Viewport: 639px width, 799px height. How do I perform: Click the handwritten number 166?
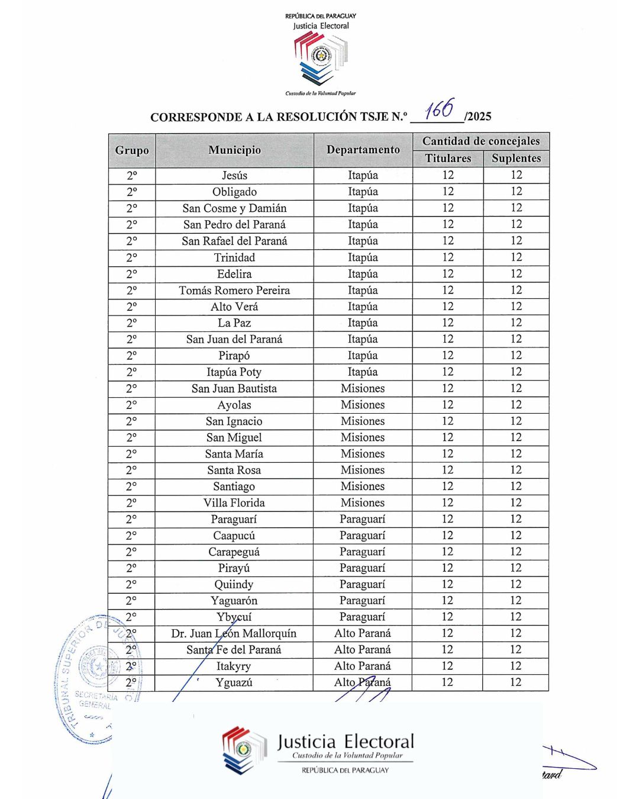pos(440,109)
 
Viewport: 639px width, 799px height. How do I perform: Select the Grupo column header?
pos(132,150)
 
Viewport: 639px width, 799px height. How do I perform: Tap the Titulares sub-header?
pos(448,159)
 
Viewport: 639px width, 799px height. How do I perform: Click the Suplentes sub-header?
pos(516,159)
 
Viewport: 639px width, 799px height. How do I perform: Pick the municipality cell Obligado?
pos(234,192)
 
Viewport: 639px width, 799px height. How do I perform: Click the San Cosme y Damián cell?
pos(234,208)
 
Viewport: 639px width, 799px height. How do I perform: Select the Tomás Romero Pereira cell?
pos(234,291)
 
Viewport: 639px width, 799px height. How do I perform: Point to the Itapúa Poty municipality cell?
pos(234,372)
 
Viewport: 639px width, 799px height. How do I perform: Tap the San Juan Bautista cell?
pos(234,389)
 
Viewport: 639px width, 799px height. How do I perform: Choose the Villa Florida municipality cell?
pos(234,503)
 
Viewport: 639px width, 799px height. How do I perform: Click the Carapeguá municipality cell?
pos(234,552)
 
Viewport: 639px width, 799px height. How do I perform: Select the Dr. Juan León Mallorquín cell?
pos(234,634)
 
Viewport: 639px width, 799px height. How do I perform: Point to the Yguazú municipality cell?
pos(234,682)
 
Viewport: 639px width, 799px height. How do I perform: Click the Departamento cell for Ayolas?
pos(363,405)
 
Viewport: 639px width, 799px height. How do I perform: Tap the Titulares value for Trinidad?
pos(448,257)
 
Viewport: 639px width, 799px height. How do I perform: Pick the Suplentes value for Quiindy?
pos(516,584)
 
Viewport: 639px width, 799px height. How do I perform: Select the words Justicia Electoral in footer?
pos(346,742)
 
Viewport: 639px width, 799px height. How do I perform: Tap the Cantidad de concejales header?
pos(480,141)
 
